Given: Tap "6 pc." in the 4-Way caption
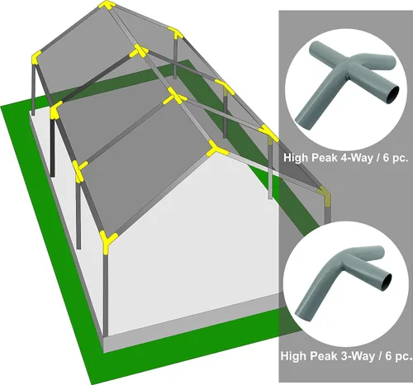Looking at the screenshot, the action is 395,158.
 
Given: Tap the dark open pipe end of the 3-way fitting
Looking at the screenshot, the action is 387,283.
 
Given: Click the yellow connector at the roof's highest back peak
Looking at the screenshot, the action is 107,5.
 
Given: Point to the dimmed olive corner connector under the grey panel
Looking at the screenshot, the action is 325,195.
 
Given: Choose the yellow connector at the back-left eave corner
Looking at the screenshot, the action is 36,58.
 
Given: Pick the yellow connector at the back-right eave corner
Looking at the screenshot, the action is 176,32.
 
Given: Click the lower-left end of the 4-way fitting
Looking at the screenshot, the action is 302,122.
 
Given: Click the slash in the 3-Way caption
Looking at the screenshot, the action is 381,356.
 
